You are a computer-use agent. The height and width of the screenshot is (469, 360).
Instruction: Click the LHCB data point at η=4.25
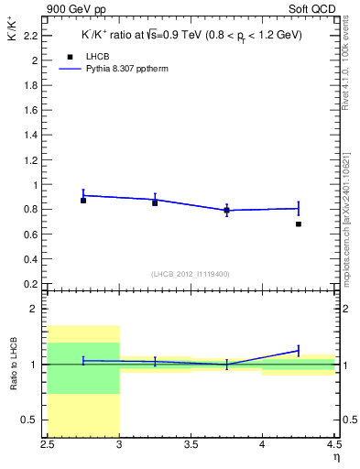point(299,224)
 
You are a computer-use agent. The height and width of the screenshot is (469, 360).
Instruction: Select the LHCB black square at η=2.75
point(83,200)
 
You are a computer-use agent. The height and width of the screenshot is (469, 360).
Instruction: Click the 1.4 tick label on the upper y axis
point(33,135)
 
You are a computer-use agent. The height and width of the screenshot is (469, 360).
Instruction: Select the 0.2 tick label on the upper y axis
point(33,283)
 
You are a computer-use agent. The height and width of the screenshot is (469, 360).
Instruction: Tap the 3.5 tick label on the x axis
point(191,446)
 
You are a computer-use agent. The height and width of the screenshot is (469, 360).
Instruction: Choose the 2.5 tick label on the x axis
point(48,446)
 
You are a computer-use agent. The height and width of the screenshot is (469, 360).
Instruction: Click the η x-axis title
point(336,457)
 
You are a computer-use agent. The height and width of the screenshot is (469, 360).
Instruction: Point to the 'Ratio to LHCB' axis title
point(15,365)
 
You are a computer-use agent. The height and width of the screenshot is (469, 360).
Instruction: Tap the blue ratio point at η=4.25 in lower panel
point(299,350)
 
